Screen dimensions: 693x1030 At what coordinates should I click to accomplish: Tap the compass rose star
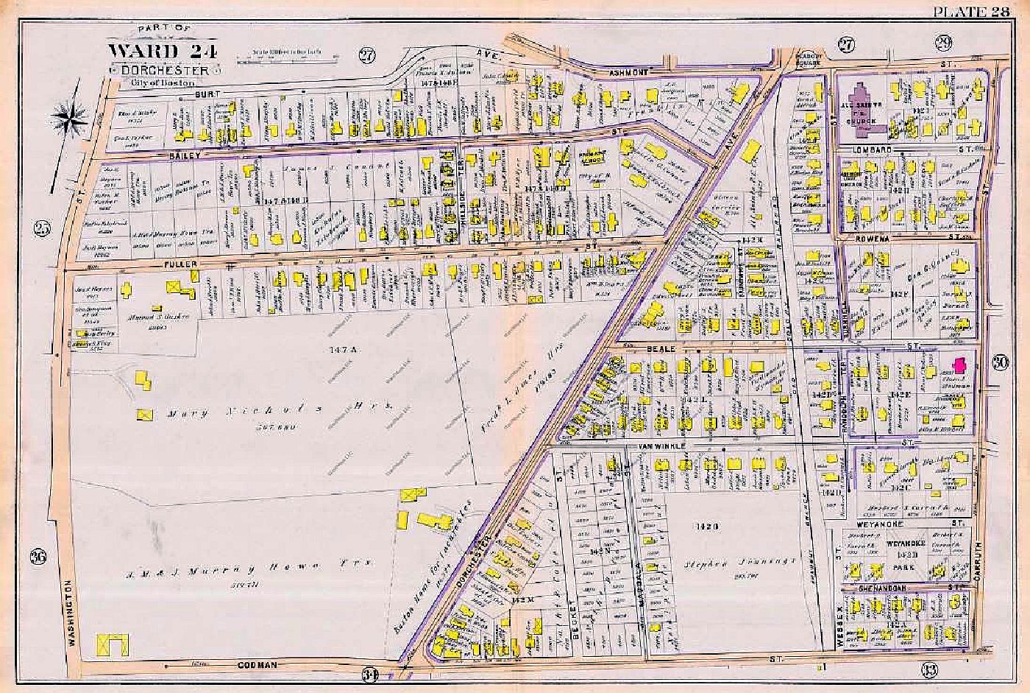(71, 118)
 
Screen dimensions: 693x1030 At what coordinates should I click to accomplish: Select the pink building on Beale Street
(958, 365)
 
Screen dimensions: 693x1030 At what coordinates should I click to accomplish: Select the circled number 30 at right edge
(999, 362)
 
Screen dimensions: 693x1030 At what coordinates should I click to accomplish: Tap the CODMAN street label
(257, 665)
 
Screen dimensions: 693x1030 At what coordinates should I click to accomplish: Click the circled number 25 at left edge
(42, 228)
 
